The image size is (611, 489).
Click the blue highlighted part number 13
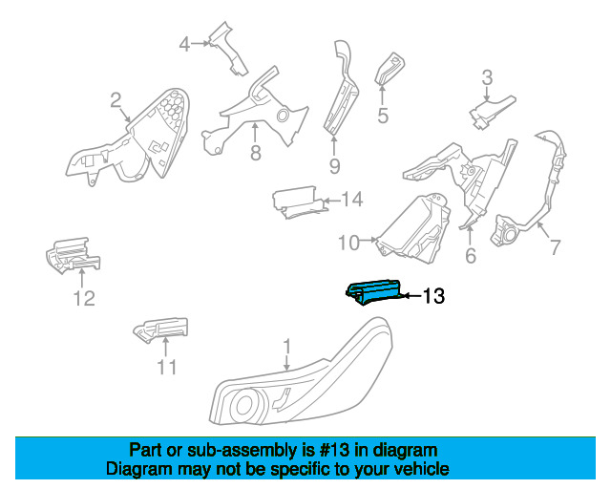click(373, 291)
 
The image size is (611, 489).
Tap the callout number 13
click(433, 296)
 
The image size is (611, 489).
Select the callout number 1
click(286, 347)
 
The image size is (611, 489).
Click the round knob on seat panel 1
click(244, 406)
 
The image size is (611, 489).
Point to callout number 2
click(116, 100)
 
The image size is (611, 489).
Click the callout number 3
click(487, 77)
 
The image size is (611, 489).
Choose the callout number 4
click(184, 44)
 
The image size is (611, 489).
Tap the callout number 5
click(383, 116)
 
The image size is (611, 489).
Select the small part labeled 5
click(390, 69)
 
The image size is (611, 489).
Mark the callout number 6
click(471, 255)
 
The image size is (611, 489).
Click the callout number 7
click(555, 247)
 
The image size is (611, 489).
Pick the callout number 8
click(256, 153)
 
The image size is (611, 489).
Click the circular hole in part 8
click(284, 116)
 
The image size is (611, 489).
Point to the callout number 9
click(335, 166)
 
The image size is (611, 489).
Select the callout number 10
click(348, 243)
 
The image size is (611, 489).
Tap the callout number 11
click(167, 367)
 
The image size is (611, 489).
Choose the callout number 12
click(84, 299)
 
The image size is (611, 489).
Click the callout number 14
click(352, 200)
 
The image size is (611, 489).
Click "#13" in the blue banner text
click(333, 451)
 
